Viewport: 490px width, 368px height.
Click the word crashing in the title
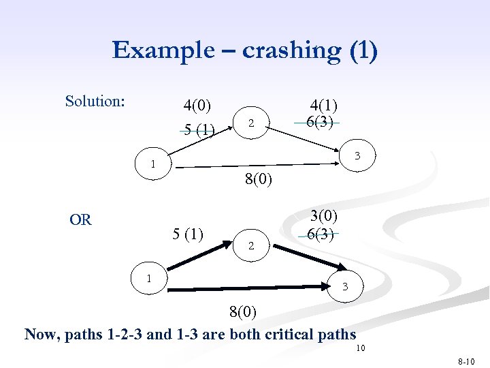click(x=277, y=50)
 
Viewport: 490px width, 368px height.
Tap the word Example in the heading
click(x=157, y=50)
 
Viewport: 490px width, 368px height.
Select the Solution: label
click(x=95, y=102)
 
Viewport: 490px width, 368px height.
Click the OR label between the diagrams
click(x=80, y=219)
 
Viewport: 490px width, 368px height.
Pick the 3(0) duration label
click(x=324, y=216)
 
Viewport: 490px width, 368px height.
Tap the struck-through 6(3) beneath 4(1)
click(x=319, y=122)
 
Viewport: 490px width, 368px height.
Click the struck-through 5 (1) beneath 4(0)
click(x=197, y=129)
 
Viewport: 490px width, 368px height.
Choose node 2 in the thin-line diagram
click(x=251, y=123)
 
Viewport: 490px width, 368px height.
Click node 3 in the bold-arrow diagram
click(x=345, y=286)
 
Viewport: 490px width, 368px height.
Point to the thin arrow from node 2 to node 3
click(x=310, y=140)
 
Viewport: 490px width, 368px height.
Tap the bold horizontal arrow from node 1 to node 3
click(x=252, y=291)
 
